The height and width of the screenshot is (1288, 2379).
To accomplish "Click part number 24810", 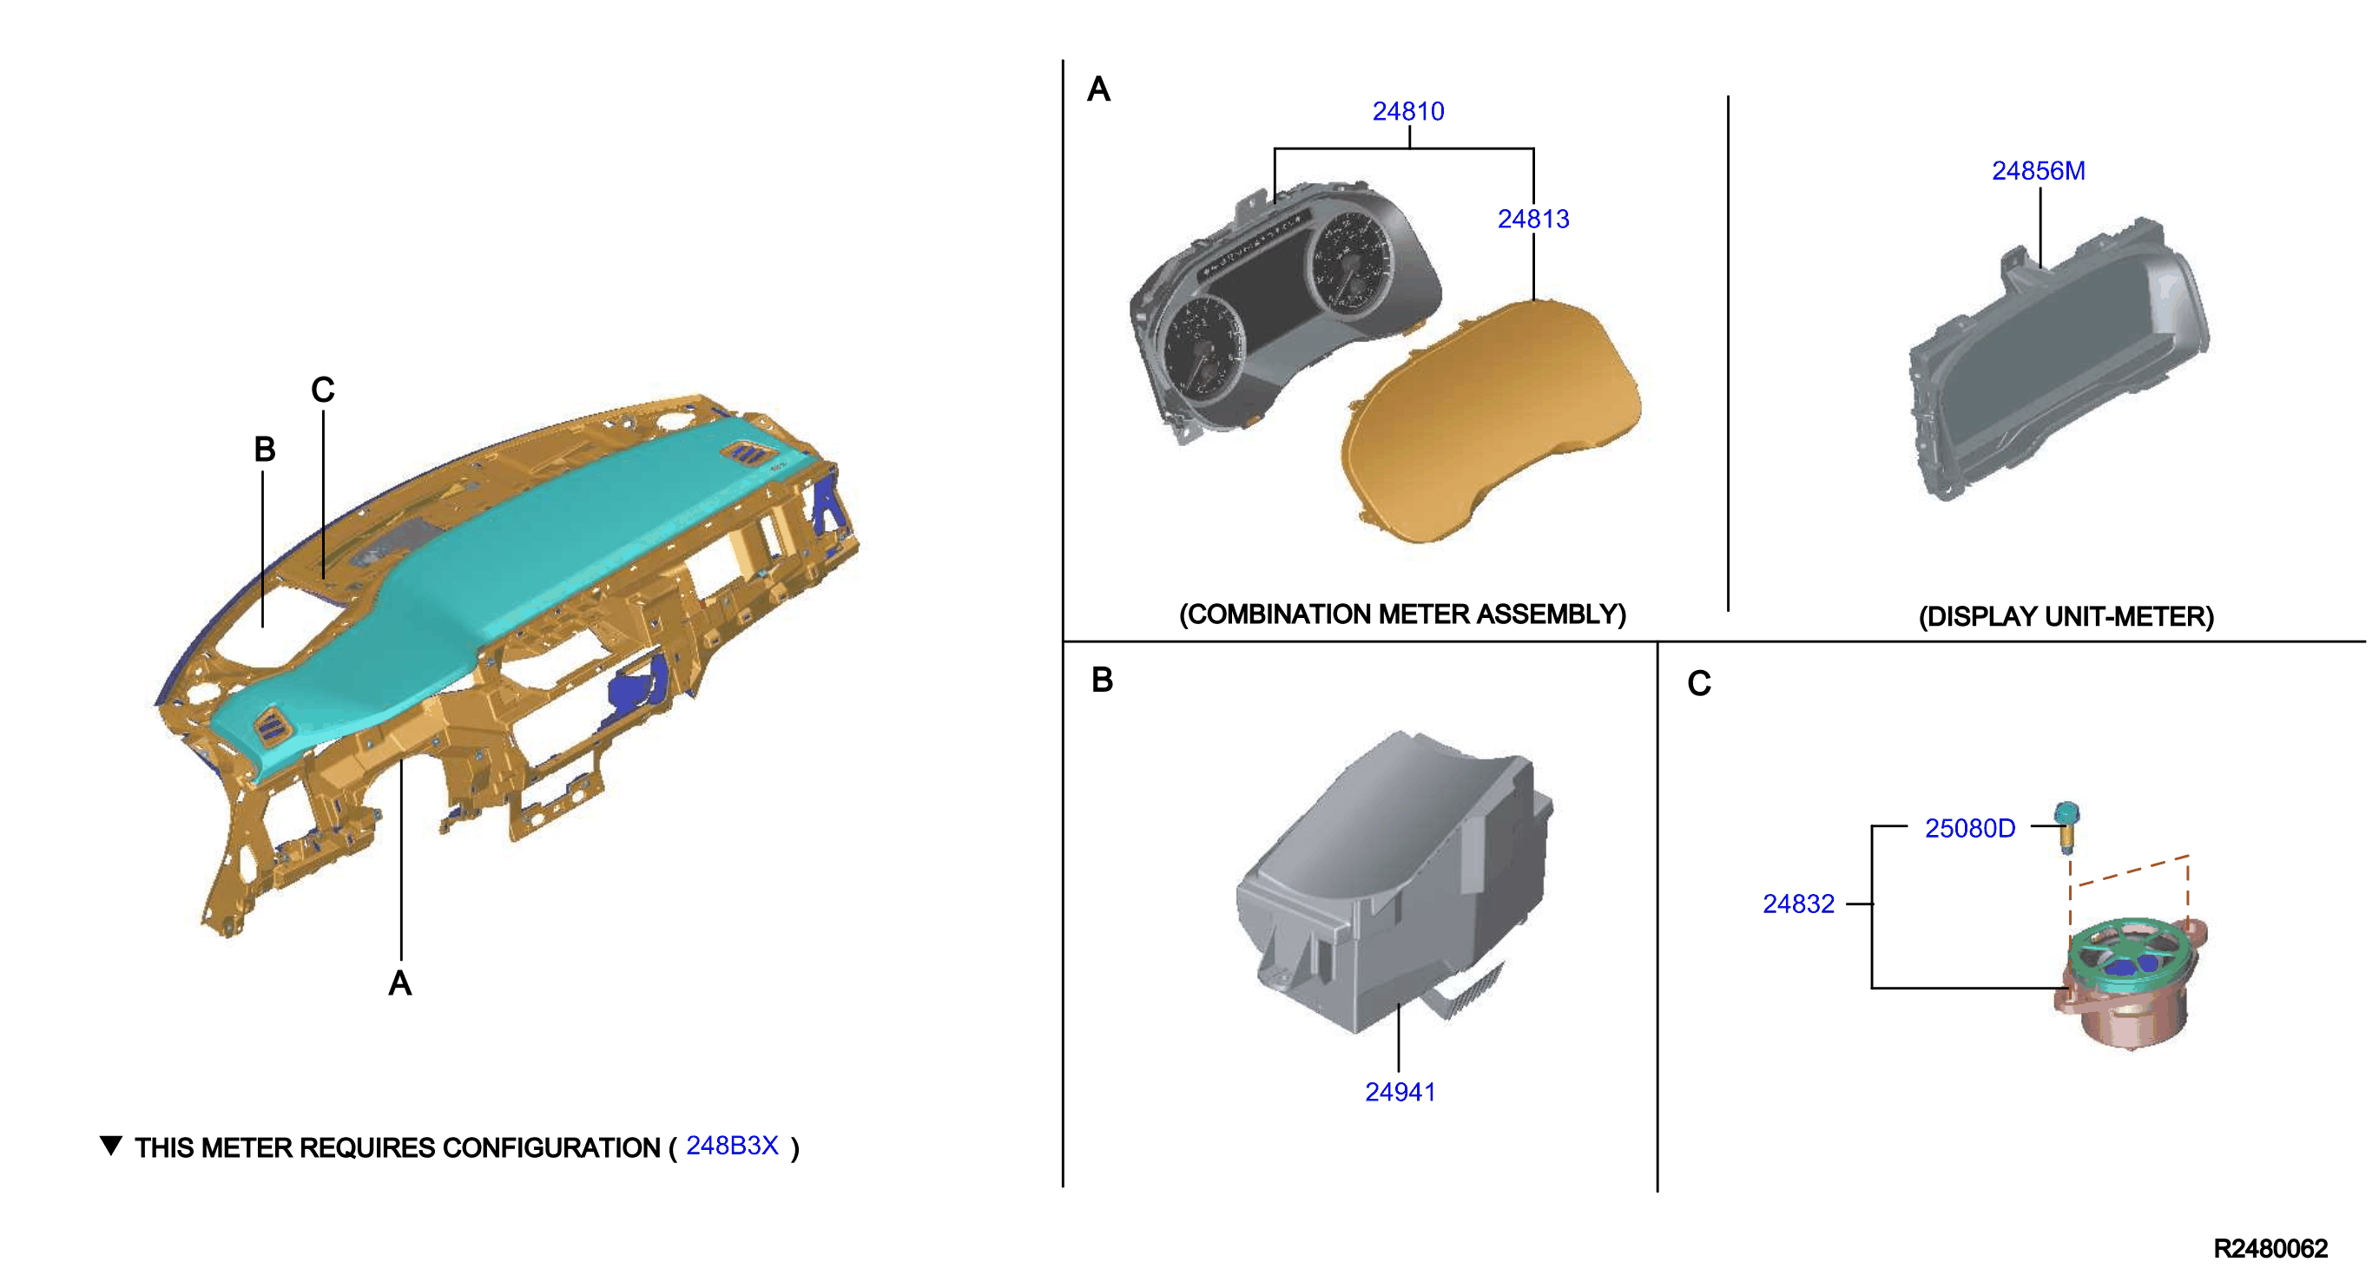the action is tap(1407, 112).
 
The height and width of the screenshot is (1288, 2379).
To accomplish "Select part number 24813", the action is tap(1533, 219).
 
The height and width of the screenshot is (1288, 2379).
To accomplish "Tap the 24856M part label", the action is tap(2039, 171).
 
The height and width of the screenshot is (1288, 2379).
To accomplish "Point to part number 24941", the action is tap(1400, 1092).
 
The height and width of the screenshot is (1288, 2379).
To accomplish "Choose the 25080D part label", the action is tap(1970, 828).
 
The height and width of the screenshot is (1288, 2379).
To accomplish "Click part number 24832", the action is tap(1798, 904).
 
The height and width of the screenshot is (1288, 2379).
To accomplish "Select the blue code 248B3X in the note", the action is tap(732, 1146).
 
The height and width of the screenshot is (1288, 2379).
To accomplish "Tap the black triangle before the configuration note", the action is tap(111, 1145).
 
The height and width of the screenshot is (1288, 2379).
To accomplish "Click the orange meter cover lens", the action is tap(1489, 420).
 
